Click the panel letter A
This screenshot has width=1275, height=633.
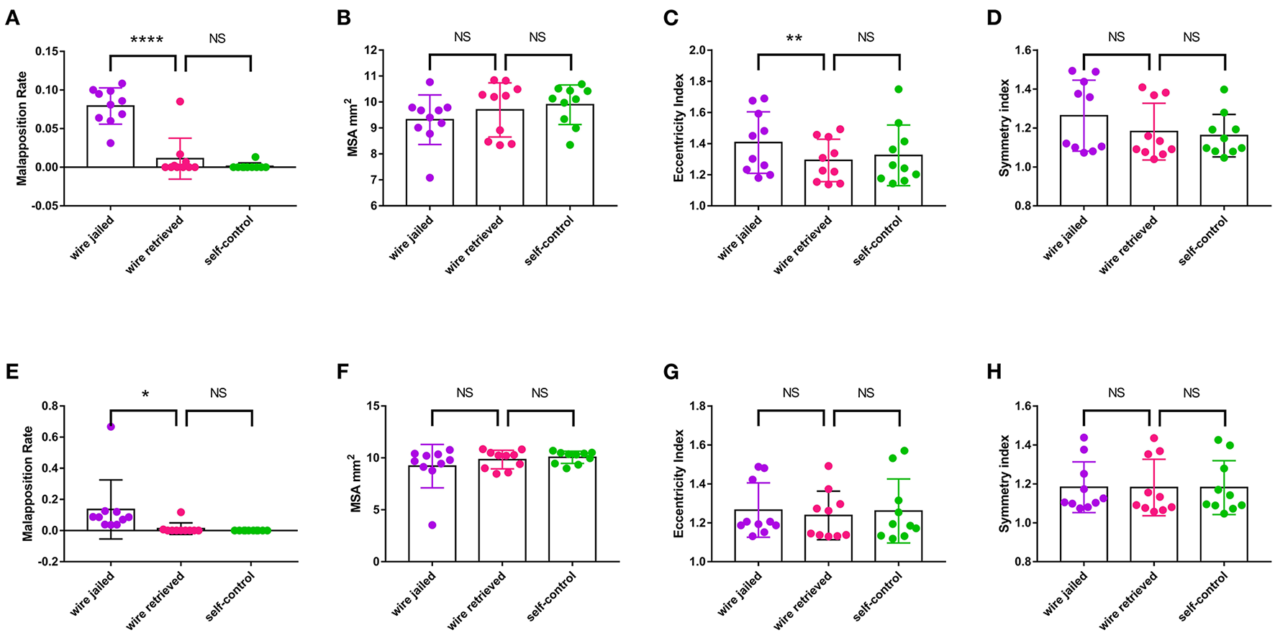tap(12, 18)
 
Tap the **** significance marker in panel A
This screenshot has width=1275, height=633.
tap(146, 39)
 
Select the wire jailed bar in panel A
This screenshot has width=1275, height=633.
tap(110, 137)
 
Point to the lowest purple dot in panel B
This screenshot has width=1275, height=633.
tap(430, 178)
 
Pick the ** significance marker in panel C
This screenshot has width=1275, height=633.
tap(794, 39)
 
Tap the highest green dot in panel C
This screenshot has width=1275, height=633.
tap(899, 89)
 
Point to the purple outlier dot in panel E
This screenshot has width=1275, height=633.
tap(111, 427)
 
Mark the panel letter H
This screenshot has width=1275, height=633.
tap(994, 373)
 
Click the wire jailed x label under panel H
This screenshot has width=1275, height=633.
tap(1066, 594)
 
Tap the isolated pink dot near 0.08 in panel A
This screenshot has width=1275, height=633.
tap(180, 101)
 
